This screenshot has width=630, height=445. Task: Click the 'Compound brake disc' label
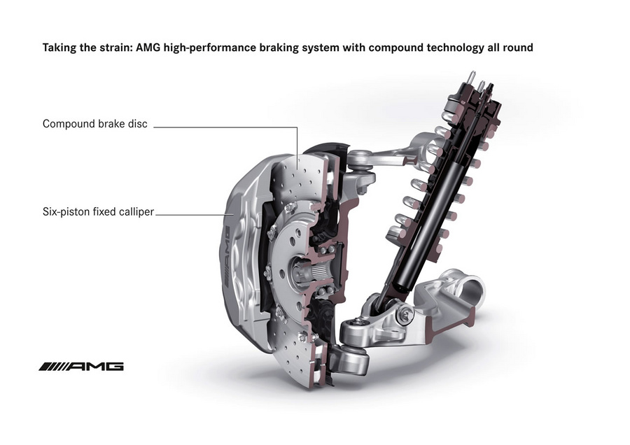(x=94, y=124)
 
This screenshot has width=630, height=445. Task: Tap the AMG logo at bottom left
(x=81, y=366)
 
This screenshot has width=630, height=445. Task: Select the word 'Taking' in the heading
(x=59, y=48)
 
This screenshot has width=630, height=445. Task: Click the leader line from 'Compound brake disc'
(x=224, y=127)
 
